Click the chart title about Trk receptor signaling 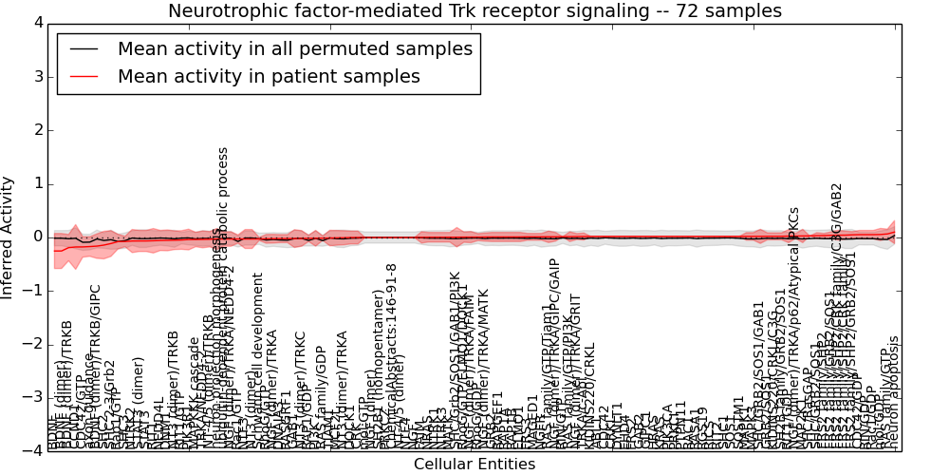pos(474,11)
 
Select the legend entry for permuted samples pos(294,48)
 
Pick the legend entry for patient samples pos(269,76)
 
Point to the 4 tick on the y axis pos(38,23)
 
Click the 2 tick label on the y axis pos(38,130)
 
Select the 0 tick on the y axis pos(38,237)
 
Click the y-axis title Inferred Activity pos(9,237)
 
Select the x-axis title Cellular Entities pos(474,464)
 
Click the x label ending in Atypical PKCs pos(794,332)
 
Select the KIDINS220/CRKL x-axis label pos(588,404)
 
